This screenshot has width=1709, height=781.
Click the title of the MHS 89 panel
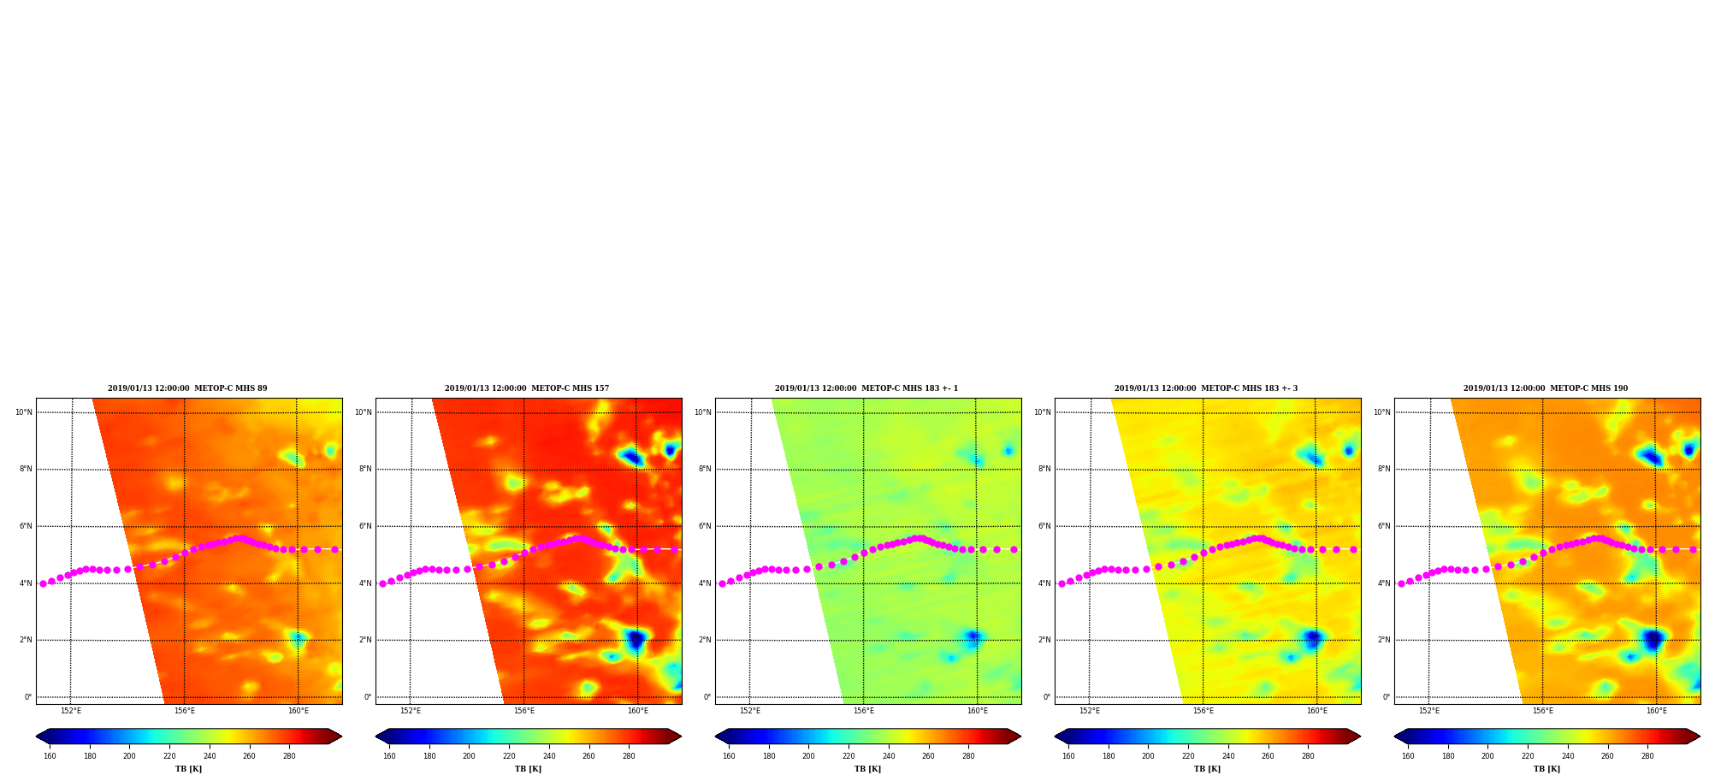click(x=187, y=388)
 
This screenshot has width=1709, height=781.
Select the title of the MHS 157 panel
click(x=527, y=388)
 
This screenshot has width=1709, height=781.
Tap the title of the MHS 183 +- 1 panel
click(x=866, y=388)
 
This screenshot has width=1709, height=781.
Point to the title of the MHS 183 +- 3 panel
click(x=1206, y=388)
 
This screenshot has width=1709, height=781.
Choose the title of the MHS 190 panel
click(x=1546, y=388)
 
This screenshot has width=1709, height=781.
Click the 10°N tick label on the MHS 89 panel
click(x=23, y=412)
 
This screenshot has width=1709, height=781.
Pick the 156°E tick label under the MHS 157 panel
click(x=524, y=711)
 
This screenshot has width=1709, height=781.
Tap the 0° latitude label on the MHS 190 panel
click(x=1387, y=697)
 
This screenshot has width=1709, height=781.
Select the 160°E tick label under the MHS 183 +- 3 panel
click(x=1317, y=711)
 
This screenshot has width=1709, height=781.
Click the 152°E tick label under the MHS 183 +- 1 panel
click(x=750, y=711)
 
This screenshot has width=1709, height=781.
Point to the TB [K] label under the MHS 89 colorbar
click(x=189, y=769)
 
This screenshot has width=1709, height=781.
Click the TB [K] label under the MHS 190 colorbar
click(x=1547, y=769)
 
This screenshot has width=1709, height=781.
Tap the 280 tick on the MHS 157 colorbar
click(x=629, y=756)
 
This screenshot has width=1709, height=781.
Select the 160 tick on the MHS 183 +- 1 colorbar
click(x=729, y=756)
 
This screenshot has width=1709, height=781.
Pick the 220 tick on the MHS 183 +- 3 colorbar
click(x=1188, y=756)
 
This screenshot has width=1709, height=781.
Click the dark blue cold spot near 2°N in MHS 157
click(x=636, y=640)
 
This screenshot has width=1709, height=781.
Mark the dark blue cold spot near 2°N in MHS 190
click(x=1654, y=640)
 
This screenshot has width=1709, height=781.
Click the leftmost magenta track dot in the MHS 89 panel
click(x=43, y=583)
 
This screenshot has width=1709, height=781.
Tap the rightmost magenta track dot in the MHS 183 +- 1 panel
click(x=1014, y=549)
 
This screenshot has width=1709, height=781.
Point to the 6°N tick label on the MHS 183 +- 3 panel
click(x=1044, y=526)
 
